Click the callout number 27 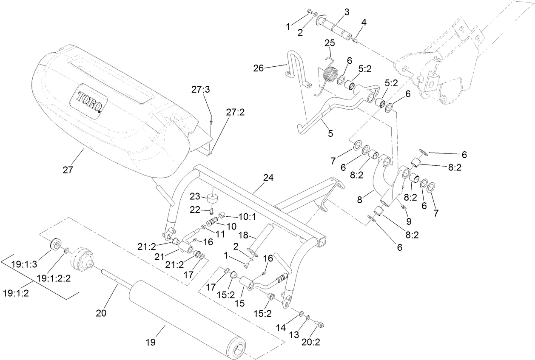(68, 170)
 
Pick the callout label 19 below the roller (151, 341)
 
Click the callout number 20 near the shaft (101, 313)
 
